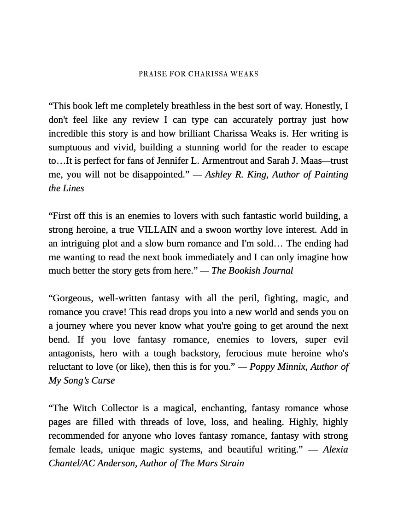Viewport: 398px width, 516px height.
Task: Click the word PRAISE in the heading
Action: [152, 74]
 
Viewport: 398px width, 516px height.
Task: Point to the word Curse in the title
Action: [102, 381]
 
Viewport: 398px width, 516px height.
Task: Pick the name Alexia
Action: [335, 450]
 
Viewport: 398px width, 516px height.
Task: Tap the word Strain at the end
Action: [230, 464]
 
